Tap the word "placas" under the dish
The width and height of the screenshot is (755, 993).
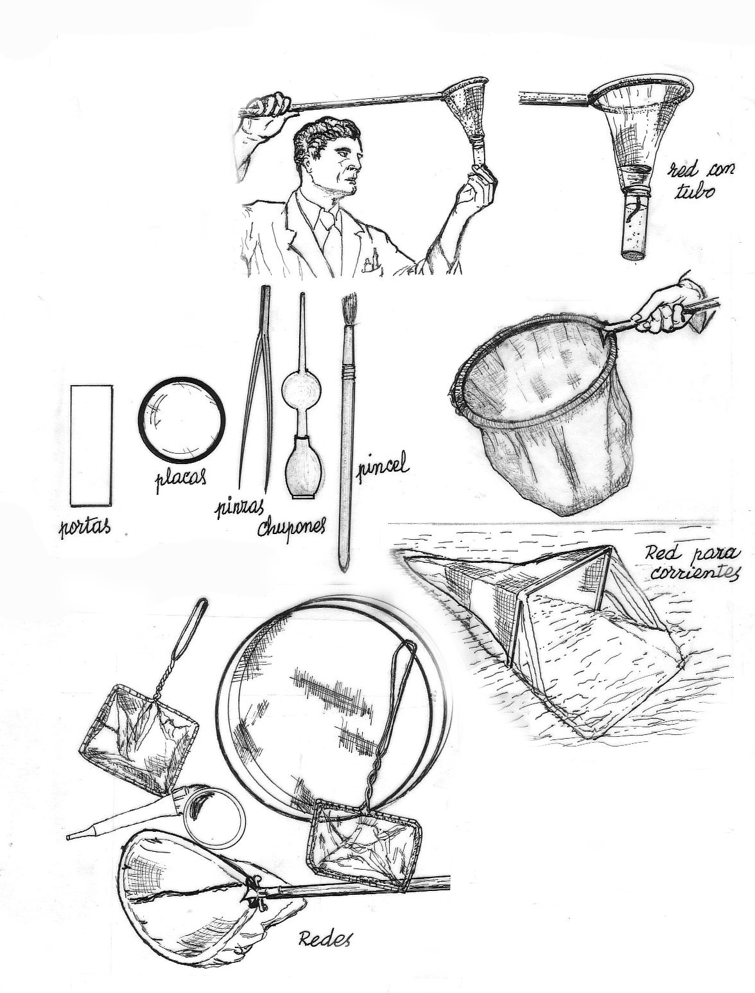pyautogui.click(x=180, y=478)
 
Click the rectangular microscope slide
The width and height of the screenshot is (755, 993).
pyautogui.click(x=91, y=445)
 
